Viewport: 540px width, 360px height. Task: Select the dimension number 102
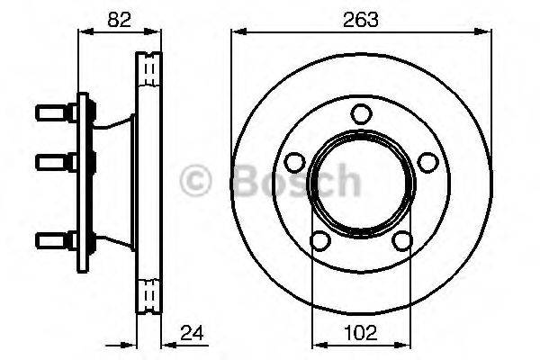359,332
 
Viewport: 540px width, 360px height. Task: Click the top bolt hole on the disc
361,113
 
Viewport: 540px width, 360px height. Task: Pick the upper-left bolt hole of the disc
293,162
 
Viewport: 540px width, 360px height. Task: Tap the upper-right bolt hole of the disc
428,162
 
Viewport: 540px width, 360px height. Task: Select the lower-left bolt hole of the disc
319,240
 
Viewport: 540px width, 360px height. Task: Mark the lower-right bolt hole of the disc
402,240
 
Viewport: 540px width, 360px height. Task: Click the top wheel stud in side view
54,113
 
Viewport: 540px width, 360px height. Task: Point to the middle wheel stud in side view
54,162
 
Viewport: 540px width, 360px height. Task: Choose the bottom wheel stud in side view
54,240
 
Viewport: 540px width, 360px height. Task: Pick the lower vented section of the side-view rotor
149,292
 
